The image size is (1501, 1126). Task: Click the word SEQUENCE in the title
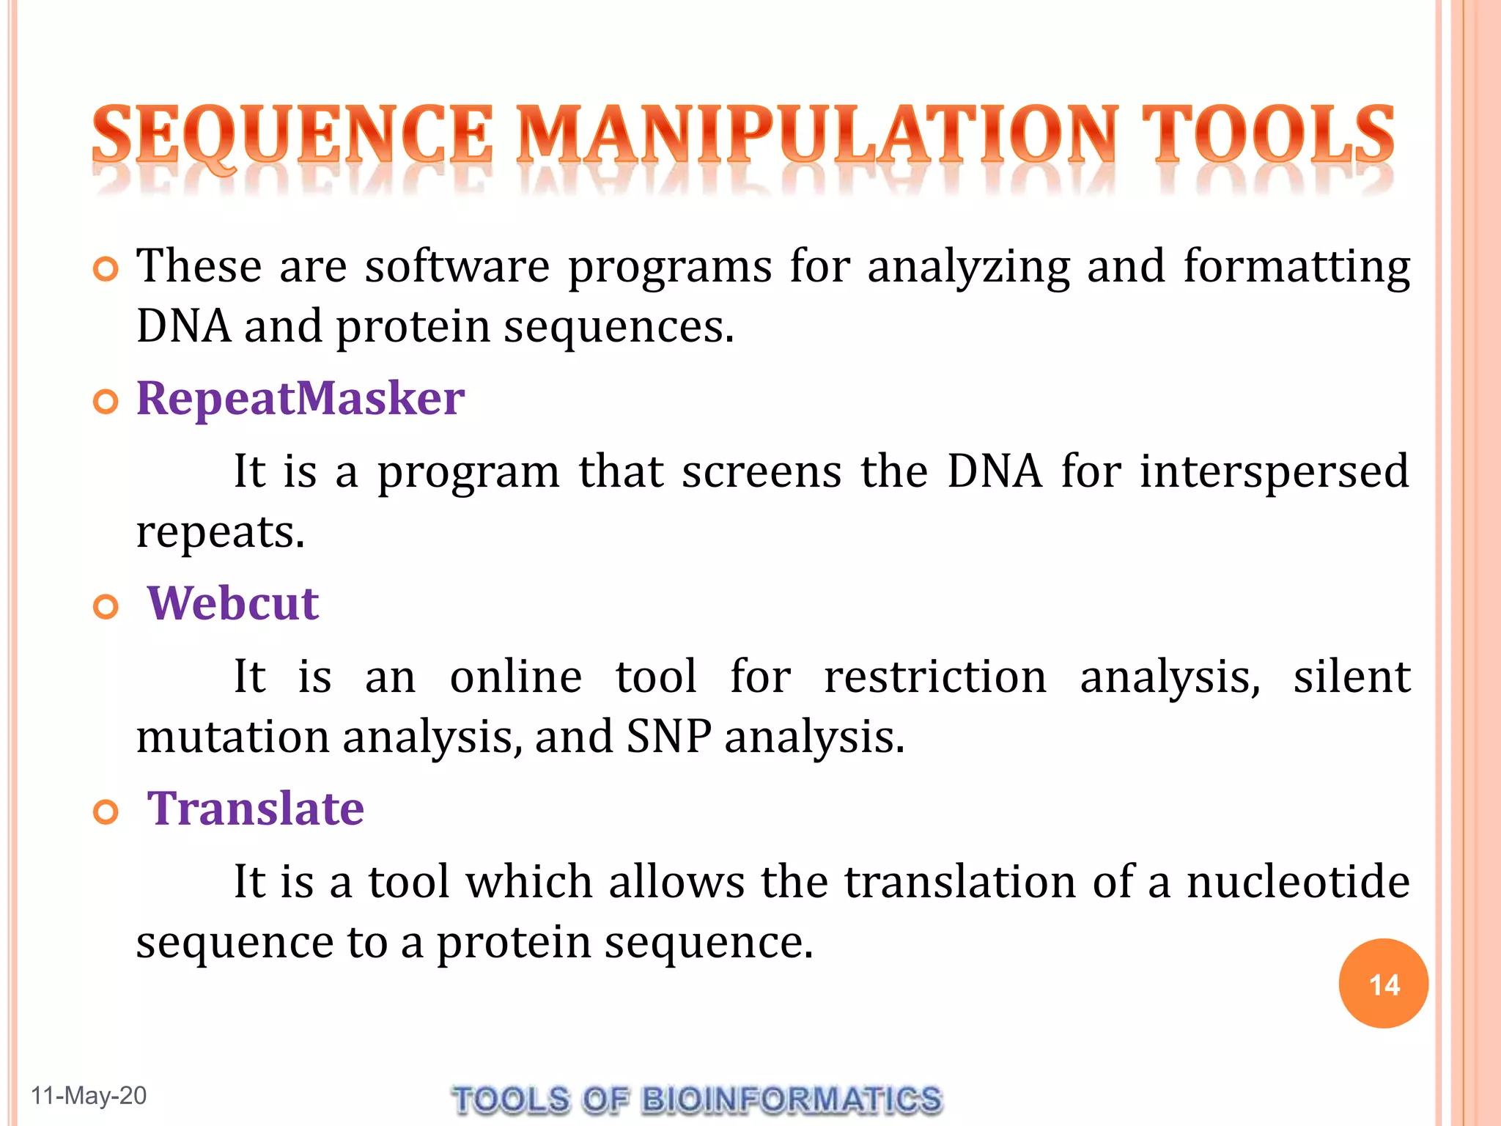point(293,136)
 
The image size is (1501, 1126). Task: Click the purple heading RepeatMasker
point(300,399)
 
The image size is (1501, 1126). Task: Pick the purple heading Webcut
point(233,604)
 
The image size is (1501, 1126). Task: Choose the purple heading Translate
point(256,809)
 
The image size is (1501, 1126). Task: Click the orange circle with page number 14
point(1383,984)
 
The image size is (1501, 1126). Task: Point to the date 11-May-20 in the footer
point(89,1096)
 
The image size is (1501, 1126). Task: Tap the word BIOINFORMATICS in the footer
point(792,1100)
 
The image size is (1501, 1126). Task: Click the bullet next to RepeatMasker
point(106,402)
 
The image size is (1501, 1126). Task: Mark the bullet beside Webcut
point(106,607)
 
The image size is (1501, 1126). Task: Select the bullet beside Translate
point(106,812)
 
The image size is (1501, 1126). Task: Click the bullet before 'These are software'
point(106,270)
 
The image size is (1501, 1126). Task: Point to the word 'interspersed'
point(1274,472)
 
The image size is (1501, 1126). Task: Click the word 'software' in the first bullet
point(457,265)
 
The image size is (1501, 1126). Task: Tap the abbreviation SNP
point(668,737)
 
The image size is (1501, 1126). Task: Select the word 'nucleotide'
point(1298,882)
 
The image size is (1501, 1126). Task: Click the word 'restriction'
point(935,677)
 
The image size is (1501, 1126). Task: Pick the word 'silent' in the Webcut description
point(1351,677)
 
